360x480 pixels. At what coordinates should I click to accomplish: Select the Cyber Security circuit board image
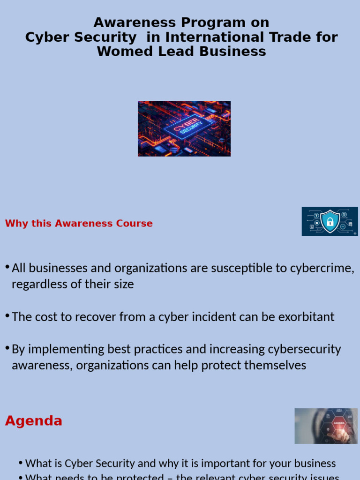(x=184, y=128)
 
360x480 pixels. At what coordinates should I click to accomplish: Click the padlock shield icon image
(x=330, y=221)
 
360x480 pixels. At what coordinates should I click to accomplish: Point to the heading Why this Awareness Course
(x=79, y=224)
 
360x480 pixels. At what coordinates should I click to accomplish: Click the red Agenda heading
(x=34, y=421)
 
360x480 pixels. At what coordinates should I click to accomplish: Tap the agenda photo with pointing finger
(x=326, y=426)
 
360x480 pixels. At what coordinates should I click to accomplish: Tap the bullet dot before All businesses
(x=7, y=267)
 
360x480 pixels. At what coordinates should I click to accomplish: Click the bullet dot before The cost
(x=7, y=315)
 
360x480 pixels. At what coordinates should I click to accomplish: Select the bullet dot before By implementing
(x=7, y=348)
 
